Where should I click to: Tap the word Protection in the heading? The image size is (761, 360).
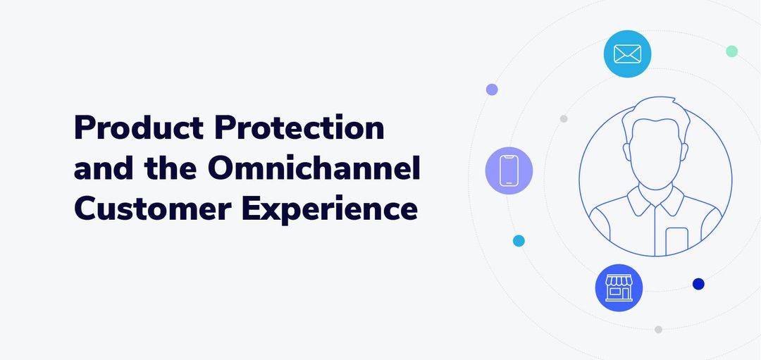click(x=299, y=128)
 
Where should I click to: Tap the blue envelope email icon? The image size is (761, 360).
click(x=627, y=54)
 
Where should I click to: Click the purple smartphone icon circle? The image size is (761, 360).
click(x=509, y=170)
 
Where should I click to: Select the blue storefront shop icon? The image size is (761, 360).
click(x=619, y=287)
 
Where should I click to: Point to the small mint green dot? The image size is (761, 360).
click(x=731, y=51)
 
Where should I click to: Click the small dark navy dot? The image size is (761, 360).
click(x=698, y=284)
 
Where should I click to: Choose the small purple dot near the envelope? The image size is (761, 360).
click(x=492, y=89)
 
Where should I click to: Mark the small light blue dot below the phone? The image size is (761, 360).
click(x=519, y=241)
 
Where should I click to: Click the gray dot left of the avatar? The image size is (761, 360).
click(x=564, y=118)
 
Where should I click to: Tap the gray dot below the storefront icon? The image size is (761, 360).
click(x=658, y=329)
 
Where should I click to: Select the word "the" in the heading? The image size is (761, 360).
click(x=167, y=169)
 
